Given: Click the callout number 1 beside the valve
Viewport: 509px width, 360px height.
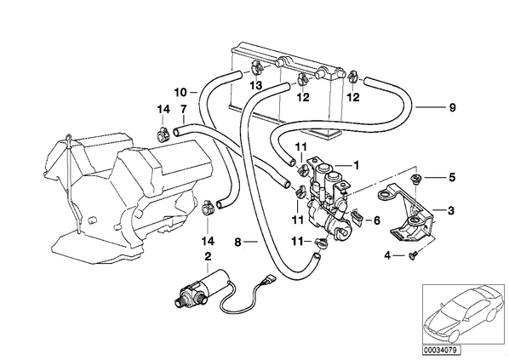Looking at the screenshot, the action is pyautogui.click(x=357, y=166).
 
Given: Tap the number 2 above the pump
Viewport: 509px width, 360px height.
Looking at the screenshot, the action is pyautogui.click(x=208, y=256).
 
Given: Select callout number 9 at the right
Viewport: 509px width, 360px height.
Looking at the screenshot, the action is pyautogui.click(x=452, y=107).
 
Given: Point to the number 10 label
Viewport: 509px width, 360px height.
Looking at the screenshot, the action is pyautogui.click(x=180, y=93).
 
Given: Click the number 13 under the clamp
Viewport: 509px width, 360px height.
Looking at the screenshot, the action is pyautogui.click(x=256, y=86).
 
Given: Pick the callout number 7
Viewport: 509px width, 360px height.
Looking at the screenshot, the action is pyautogui.click(x=183, y=109).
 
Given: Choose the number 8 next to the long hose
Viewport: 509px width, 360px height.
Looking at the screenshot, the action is pyautogui.click(x=238, y=243).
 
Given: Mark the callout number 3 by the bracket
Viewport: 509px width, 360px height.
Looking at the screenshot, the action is pyautogui.click(x=451, y=211).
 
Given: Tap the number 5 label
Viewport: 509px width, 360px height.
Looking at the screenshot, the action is pyautogui.click(x=452, y=178).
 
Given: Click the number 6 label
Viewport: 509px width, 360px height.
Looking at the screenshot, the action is pyautogui.click(x=376, y=220).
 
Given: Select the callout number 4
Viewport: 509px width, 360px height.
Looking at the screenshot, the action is pyautogui.click(x=387, y=256).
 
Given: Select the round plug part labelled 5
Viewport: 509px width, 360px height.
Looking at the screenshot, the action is pyautogui.click(x=415, y=178).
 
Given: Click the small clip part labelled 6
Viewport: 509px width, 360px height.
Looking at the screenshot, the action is pyautogui.click(x=357, y=219).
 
